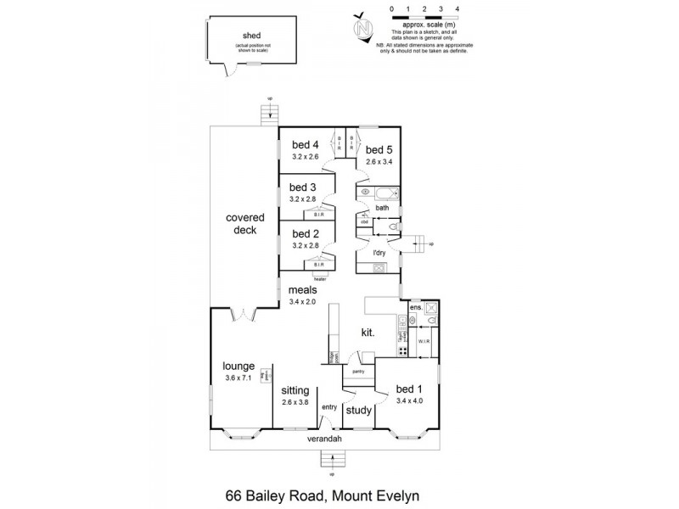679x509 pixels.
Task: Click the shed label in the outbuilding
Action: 252,35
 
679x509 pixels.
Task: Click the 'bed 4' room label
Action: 305,143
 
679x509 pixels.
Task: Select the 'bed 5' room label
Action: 379,149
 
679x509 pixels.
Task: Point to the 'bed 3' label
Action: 303,187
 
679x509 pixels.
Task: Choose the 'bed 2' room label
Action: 303,233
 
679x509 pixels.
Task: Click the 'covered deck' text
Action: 241,223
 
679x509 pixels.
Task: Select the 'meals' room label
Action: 303,289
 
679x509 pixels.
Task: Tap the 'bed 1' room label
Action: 409,390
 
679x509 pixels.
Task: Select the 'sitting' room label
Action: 296,390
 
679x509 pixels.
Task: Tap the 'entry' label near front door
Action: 329,407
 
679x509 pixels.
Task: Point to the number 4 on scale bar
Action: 457,8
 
